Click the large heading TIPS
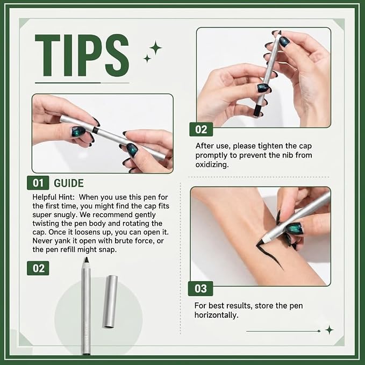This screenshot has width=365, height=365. (82, 55)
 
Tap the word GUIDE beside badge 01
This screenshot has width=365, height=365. (69, 183)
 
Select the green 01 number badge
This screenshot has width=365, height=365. (38, 183)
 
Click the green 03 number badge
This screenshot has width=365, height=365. (201, 289)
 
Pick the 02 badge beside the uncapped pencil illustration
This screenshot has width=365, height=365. (38, 268)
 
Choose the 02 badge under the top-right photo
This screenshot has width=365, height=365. (201, 130)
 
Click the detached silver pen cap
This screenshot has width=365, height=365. (110, 302)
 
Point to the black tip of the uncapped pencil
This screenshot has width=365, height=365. (86, 260)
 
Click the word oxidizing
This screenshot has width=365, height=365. (212, 165)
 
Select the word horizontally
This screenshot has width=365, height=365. (216, 315)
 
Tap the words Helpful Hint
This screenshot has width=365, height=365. (54, 197)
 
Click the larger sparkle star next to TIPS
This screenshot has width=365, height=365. (155, 48)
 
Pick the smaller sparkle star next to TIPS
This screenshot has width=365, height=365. (147, 59)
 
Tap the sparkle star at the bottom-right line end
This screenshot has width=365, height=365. (330, 330)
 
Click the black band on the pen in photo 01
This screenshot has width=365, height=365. (95, 130)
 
